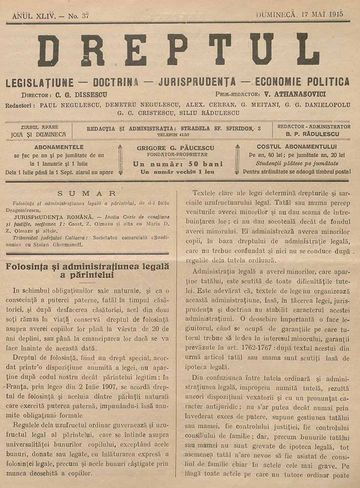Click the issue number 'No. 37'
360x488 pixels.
point(78,16)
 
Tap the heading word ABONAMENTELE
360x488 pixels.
point(59,147)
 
